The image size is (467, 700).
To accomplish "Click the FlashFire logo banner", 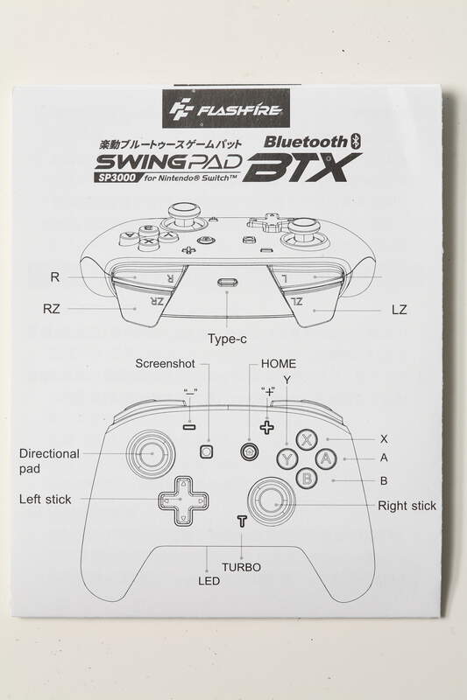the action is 226,108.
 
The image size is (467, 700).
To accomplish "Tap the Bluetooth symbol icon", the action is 357,141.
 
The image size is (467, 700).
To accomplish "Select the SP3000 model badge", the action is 115,178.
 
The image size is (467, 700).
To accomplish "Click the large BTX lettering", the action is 303,167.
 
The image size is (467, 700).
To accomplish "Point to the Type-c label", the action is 227,339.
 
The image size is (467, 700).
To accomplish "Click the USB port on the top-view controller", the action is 228,282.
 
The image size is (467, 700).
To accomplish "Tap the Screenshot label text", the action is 165,364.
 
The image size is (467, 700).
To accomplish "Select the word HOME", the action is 279,364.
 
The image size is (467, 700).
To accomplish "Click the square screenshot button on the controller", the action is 206,451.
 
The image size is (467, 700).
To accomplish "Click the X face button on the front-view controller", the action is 307,440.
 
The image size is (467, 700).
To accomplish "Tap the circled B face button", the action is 307,478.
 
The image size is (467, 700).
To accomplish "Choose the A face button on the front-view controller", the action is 326,458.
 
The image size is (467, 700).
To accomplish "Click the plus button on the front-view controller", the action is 266,427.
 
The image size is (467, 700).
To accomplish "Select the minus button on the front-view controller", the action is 189,427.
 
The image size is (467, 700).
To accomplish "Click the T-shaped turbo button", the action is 242,521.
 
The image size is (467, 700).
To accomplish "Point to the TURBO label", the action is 241,567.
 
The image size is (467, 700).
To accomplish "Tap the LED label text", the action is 209,581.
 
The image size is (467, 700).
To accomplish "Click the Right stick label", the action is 407,506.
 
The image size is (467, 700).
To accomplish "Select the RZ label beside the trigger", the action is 52,309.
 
